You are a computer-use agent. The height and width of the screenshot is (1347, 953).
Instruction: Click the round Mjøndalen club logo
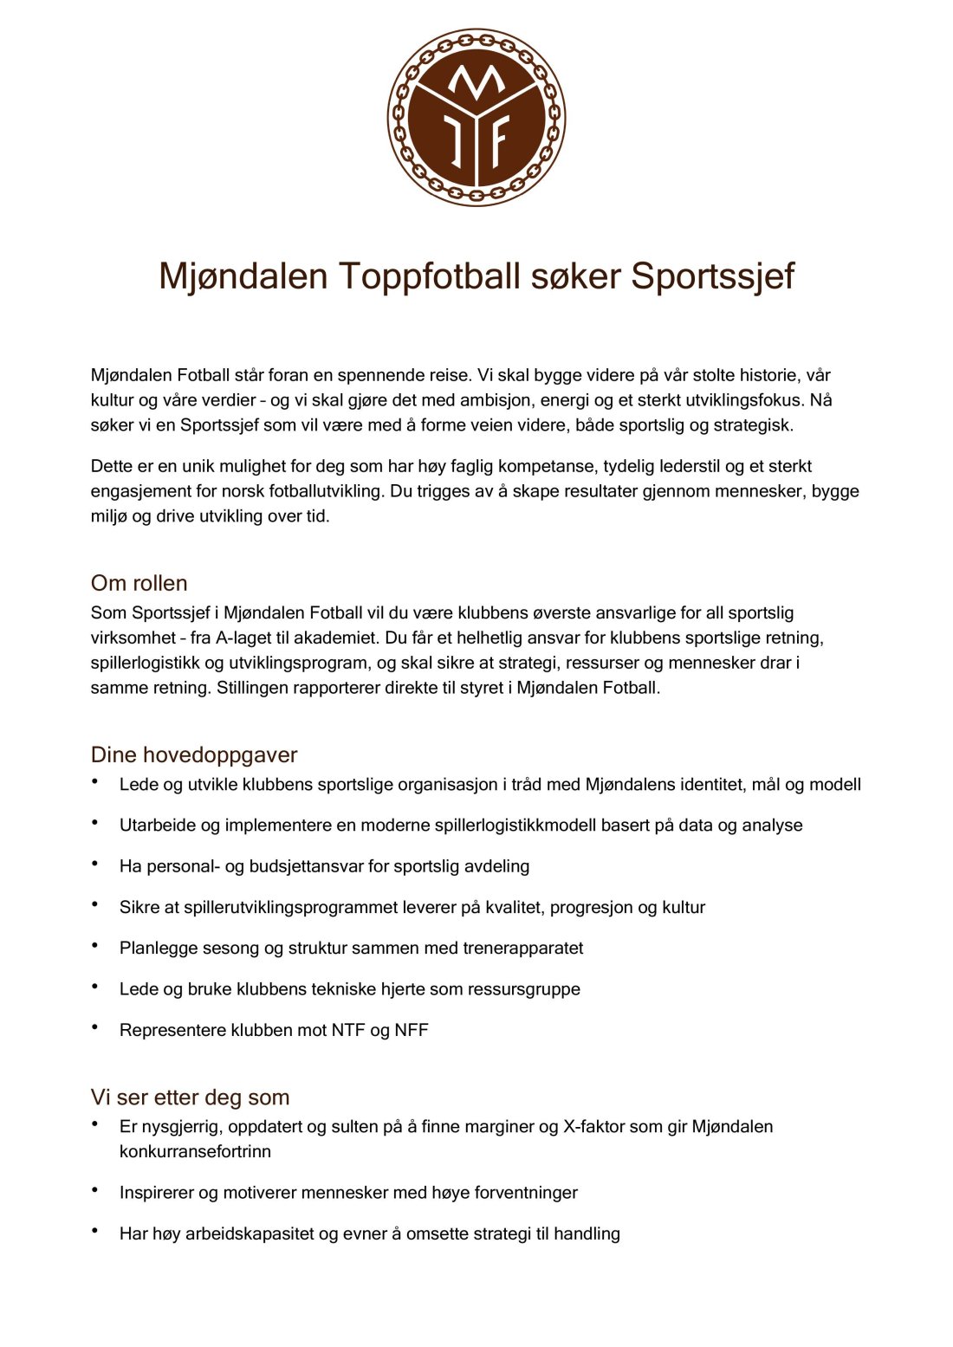476,117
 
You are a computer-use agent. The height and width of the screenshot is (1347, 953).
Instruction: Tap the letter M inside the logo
476,82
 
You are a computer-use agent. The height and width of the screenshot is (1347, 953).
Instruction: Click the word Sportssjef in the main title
712,276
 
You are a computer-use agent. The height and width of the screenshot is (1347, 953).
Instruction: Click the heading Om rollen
139,583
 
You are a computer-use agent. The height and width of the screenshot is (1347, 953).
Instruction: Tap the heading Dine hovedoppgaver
194,754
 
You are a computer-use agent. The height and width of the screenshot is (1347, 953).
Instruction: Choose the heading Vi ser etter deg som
190,1098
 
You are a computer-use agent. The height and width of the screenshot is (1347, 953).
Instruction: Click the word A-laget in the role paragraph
243,638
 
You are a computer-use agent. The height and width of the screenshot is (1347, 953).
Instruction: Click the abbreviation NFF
412,1030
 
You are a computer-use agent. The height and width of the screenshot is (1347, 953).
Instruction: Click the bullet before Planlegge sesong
94,945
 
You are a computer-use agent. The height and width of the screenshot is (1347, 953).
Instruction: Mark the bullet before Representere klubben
94,1027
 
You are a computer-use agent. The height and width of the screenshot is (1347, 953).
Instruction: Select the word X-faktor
598,1126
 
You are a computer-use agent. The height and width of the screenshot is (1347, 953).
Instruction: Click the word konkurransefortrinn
195,1151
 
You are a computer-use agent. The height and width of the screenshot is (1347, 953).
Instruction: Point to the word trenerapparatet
522,948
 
